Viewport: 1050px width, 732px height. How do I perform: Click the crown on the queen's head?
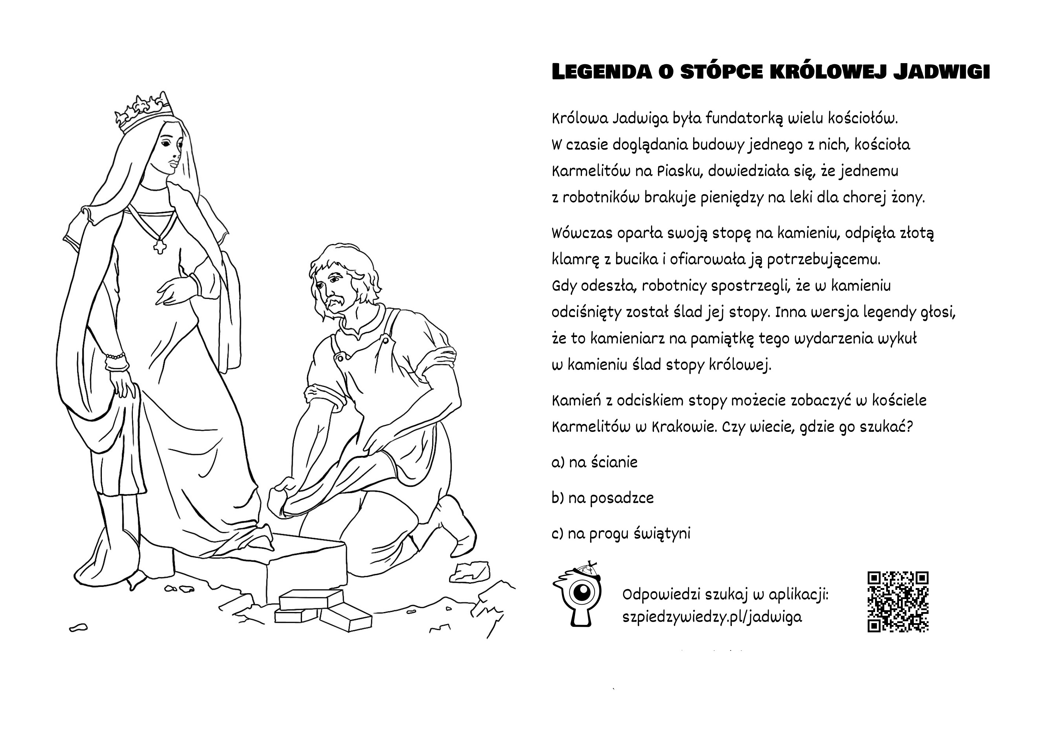click(x=143, y=111)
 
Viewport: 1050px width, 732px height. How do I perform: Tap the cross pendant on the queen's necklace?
click(x=159, y=246)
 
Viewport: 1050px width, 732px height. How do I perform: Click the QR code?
click(x=898, y=602)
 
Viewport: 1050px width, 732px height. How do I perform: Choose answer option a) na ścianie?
click(x=594, y=463)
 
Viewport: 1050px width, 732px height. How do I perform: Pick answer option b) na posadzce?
click(x=602, y=498)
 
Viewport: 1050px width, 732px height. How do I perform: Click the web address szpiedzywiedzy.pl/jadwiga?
click(x=712, y=617)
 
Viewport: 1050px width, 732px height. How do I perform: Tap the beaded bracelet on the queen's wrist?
click(x=115, y=355)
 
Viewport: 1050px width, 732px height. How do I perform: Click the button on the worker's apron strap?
click(x=386, y=340)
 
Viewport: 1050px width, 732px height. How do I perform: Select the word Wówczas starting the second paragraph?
click(x=581, y=233)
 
